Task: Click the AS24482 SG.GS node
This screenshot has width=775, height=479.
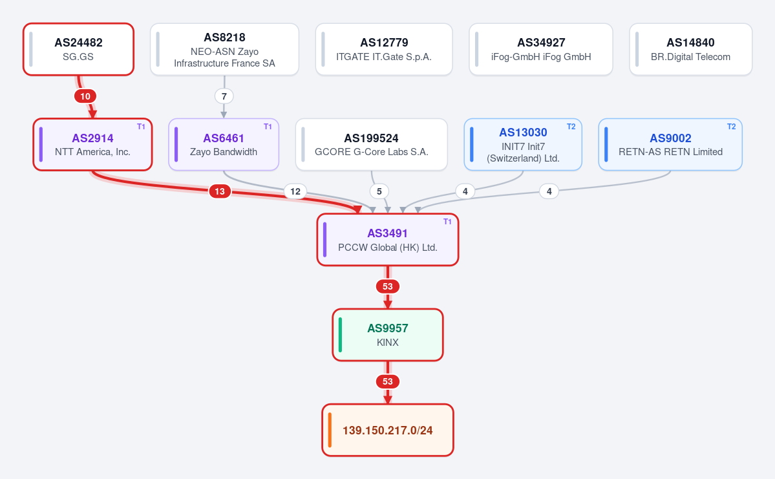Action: [x=79, y=49]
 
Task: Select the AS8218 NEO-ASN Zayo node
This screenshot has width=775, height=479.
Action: [x=224, y=49]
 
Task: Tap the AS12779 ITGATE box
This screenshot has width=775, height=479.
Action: [x=384, y=49]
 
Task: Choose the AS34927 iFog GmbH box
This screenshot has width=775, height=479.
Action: [x=541, y=49]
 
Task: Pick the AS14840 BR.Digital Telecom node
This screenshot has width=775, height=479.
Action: [x=690, y=49]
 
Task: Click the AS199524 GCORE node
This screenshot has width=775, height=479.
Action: [x=371, y=144]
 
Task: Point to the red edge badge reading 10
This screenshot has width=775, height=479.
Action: [x=85, y=96]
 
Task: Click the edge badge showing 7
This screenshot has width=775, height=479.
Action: [x=224, y=96]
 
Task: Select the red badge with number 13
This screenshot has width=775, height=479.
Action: [x=220, y=191]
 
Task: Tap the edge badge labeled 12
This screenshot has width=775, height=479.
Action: [x=295, y=191]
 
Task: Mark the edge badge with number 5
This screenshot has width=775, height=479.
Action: [x=379, y=191]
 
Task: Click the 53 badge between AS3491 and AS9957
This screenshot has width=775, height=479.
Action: [x=388, y=286]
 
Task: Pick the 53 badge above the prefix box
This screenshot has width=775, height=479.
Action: [x=388, y=381]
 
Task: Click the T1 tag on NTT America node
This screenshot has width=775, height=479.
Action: [x=141, y=127]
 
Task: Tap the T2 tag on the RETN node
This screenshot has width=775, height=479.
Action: [x=732, y=127]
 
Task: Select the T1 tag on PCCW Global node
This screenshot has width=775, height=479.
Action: [x=447, y=222]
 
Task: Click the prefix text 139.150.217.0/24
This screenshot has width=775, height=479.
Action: [x=388, y=431]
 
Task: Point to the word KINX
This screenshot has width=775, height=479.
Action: [x=388, y=342]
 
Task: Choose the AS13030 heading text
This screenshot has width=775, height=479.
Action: [x=523, y=133]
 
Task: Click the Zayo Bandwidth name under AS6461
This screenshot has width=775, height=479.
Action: [x=224, y=152]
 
